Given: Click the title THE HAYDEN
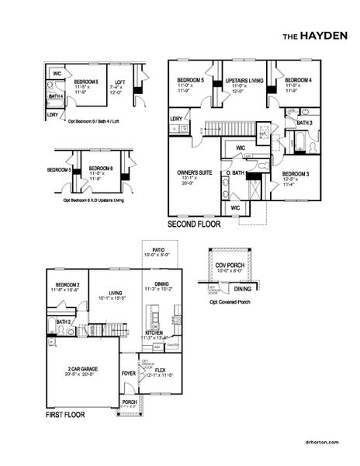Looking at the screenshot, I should coord(314,36).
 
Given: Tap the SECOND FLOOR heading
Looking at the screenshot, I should coord(194,224).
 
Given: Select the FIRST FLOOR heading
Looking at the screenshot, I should coord(65,416).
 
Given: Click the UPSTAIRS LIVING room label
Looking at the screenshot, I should coord(244,81).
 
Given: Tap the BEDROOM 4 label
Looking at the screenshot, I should coord(298,81).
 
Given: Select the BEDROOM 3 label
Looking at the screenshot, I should coord(296,173).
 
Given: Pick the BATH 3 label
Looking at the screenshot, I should coord(304,123).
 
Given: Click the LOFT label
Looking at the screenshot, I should coord(119,82).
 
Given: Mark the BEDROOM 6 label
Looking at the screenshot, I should coord(102,167).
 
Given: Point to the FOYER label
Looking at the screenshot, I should coord(128,372).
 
